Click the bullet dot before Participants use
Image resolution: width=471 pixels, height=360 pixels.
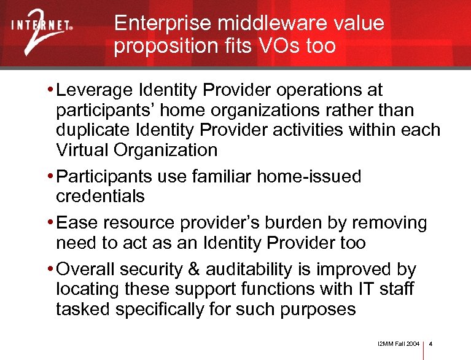point(49,177)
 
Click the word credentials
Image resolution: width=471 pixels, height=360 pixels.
point(100,197)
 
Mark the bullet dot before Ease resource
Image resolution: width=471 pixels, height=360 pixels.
point(49,223)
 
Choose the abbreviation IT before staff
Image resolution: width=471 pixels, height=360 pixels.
point(364,289)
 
